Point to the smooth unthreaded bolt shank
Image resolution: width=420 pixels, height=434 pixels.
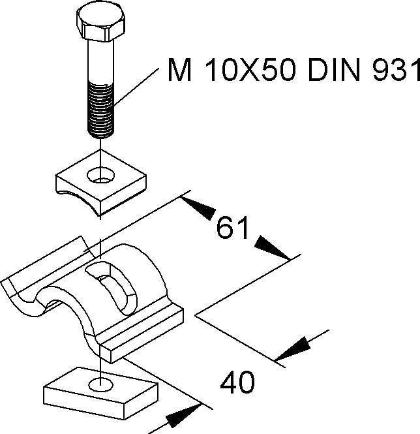(x=101, y=65)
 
